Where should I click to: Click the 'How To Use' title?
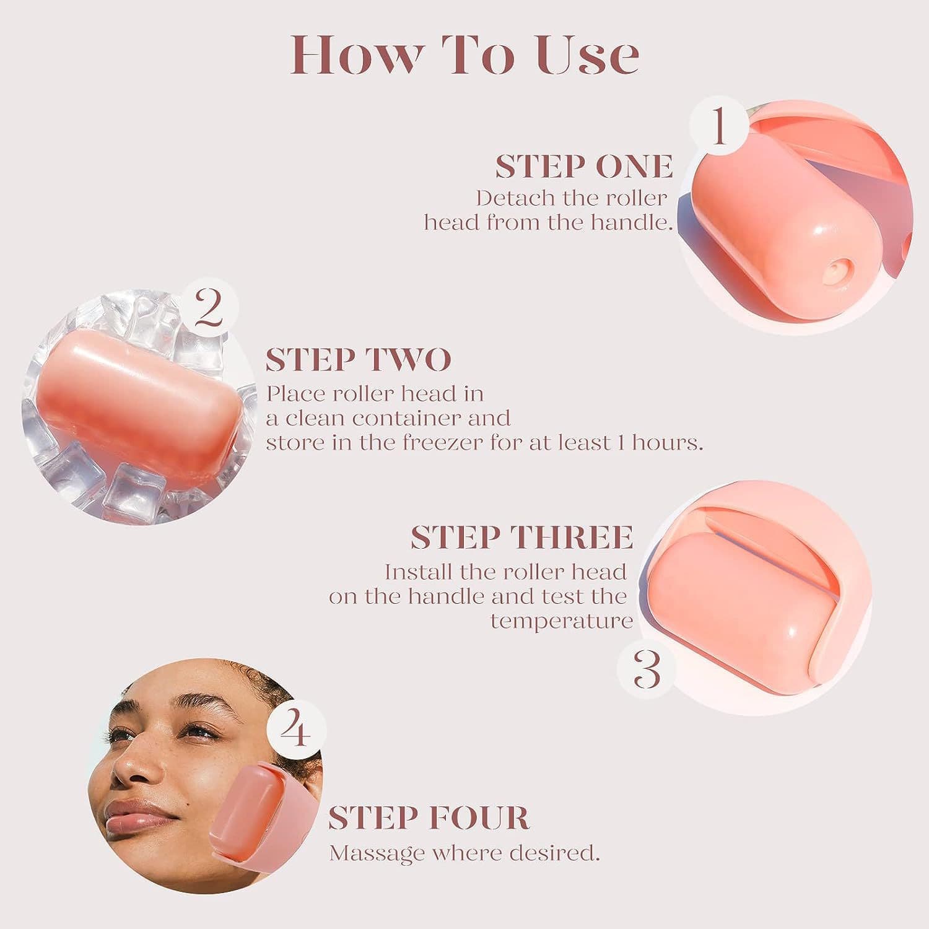point(464,56)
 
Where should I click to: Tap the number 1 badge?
point(719,126)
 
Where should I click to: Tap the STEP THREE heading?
point(521,537)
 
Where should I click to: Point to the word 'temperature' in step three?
point(561,621)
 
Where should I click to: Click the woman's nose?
point(139,768)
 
